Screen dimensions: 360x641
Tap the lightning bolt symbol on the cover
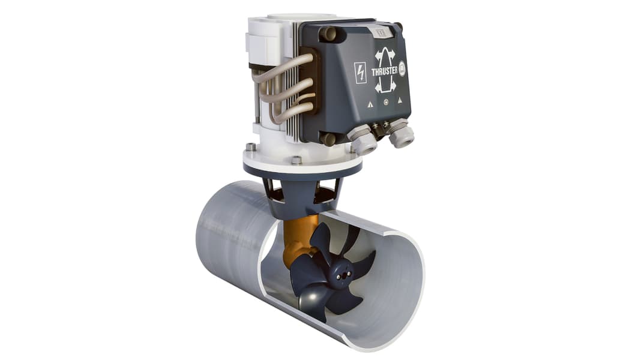361,73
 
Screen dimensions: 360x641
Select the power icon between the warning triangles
386,101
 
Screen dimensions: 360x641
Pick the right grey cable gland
400,136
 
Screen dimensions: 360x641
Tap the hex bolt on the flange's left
250,146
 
